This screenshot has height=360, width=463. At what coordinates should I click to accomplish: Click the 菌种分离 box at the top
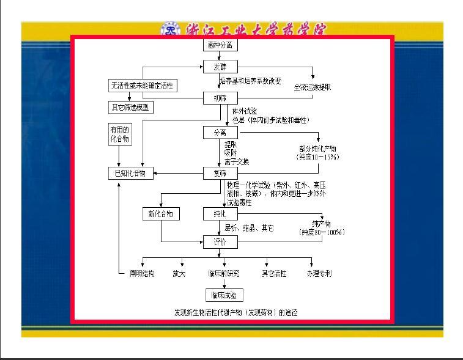[x=220, y=45]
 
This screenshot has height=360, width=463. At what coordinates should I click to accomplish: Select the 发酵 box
[x=220, y=67]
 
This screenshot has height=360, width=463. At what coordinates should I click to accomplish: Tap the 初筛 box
[x=220, y=98]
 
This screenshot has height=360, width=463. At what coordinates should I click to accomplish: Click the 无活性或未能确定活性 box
[x=142, y=86]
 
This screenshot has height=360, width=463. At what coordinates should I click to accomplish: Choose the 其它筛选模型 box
[x=132, y=108]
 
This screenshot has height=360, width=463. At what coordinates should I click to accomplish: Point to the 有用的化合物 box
[x=120, y=134]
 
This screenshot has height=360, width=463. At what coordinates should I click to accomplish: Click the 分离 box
[x=220, y=132]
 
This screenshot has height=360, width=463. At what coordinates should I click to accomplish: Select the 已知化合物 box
[x=130, y=174]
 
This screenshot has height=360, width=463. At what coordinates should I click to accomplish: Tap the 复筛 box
[x=220, y=174]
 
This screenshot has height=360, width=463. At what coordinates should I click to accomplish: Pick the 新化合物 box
[x=160, y=214]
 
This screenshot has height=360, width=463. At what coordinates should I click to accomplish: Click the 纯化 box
[x=220, y=215]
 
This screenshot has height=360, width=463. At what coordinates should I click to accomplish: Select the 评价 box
[x=220, y=242]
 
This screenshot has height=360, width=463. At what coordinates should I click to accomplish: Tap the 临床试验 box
[x=223, y=296]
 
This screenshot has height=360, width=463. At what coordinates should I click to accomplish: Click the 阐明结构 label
[x=141, y=274]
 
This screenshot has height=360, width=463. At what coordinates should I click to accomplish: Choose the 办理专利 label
[x=319, y=274]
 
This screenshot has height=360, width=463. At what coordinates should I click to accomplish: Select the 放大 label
[x=179, y=274]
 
